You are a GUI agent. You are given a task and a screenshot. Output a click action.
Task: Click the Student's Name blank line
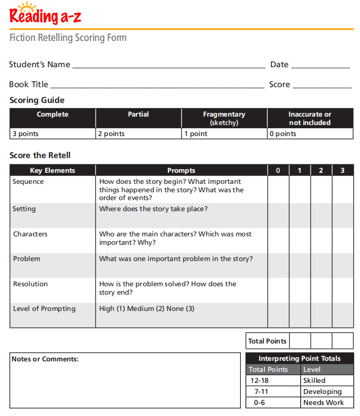[x=168, y=67]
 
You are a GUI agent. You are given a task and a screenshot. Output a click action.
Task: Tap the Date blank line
[x=320, y=67]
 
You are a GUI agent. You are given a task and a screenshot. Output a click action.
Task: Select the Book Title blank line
[x=157, y=87]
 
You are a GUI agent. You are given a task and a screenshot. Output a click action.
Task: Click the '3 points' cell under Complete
[x=52, y=134]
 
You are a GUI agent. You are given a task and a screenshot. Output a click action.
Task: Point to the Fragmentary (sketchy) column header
[x=224, y=118]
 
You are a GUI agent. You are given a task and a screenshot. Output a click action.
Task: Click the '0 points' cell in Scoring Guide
[x=310, y=134]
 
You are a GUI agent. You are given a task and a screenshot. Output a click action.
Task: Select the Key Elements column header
[x=52, y=170]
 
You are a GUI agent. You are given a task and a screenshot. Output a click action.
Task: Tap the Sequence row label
[x=28, y=182]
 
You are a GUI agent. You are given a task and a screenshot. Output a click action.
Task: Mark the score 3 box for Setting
[x=343, y=215]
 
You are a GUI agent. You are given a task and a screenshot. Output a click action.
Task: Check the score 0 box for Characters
[x=278, y=241]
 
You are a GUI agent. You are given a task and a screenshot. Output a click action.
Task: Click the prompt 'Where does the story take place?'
[x=153, y=209]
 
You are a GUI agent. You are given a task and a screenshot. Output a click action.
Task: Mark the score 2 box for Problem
[x=321, y=265]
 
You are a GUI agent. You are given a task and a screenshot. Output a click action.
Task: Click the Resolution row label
[x=30, y=284]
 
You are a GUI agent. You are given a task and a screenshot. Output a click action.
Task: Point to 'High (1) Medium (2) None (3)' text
[x=146, y=309]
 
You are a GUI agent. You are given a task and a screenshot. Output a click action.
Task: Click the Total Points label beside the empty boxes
[x=267, y=341]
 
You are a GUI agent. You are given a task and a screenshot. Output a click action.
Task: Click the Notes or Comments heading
[x=45, y=359]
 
